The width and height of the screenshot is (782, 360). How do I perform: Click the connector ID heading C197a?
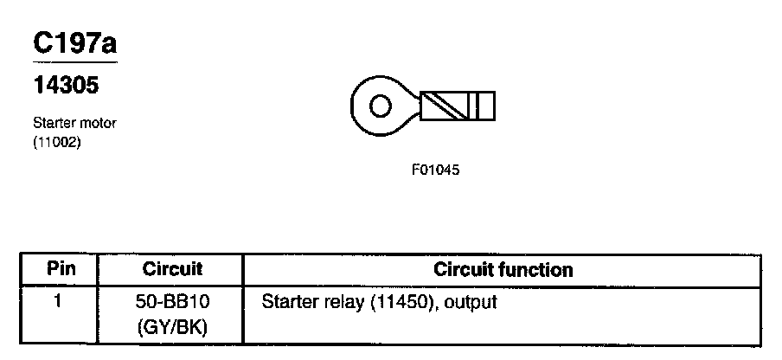[74, 44]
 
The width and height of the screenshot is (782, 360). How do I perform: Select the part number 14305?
[65, 87]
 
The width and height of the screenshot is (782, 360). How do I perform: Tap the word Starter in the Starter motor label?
[53, 123]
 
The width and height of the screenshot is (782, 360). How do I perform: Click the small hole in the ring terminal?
[379, 106]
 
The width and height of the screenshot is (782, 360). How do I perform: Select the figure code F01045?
[435, 170]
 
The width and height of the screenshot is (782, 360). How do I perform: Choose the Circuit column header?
[172, 269]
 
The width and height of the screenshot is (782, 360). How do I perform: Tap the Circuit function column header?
[503, 269]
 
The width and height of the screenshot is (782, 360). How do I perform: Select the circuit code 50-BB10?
[172, 304]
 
